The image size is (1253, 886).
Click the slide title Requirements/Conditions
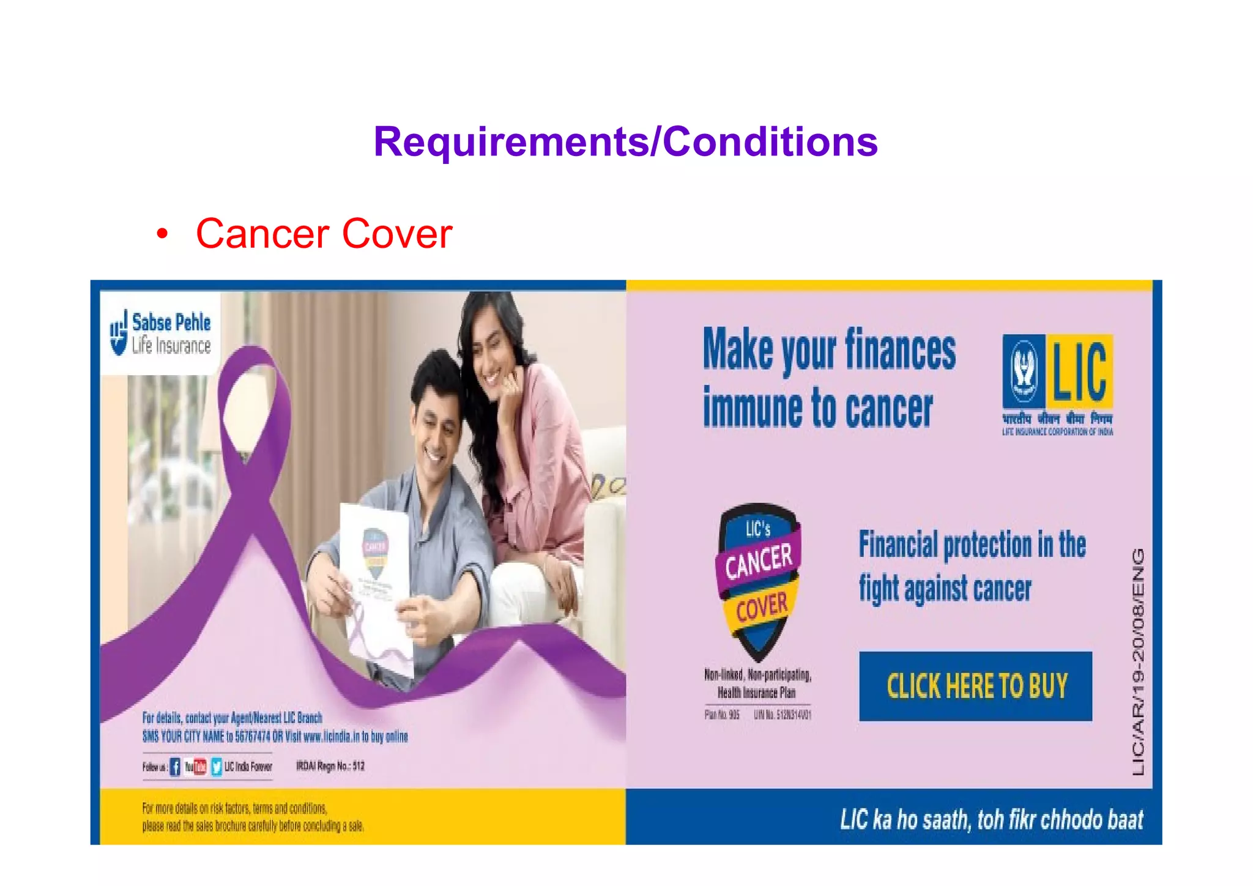[625, 141]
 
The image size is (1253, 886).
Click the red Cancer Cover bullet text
[324, 234]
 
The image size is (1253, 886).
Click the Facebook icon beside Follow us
[175, 767]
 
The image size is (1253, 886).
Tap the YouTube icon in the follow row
[196, 767]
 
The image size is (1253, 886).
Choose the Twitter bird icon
[217, 767]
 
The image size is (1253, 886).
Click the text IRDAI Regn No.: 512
[330, 766]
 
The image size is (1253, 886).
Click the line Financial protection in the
[972, 545]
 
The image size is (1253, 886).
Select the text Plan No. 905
[722, 715]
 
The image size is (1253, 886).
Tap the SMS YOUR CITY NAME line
[275, 736]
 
